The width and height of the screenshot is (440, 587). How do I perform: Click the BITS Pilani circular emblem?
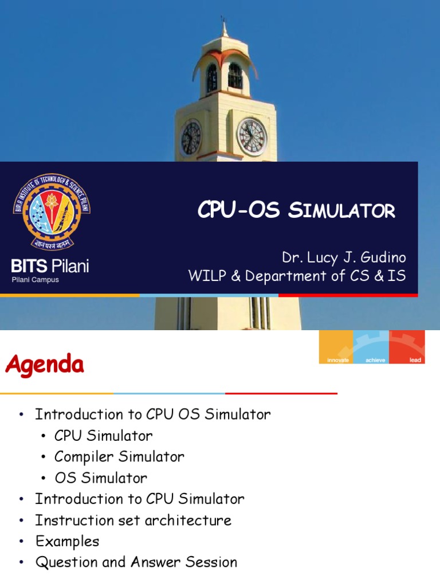point(52,212)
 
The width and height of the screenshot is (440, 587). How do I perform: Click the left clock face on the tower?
point(191,138)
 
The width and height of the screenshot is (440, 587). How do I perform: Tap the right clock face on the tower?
point(252,136)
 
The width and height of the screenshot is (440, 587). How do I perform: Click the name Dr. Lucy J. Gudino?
point(343,256)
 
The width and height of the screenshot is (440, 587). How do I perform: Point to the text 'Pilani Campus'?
point(36,280)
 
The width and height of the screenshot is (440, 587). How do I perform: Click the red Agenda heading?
point(45,364)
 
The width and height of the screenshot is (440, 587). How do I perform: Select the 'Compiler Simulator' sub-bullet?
point(119,457)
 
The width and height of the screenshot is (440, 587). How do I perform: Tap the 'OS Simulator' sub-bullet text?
point(101,478)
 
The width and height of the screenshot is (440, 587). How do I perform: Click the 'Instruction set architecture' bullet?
point(133,521)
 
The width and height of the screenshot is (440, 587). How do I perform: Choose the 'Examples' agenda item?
point(67,541)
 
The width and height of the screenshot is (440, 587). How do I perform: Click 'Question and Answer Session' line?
point(136,562)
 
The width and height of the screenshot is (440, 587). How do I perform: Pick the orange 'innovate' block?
point(336,347)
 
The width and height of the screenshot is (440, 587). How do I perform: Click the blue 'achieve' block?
point(371,347)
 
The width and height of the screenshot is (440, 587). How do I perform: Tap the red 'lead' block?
point(407,347)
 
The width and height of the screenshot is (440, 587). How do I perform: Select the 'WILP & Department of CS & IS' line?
point(297,276)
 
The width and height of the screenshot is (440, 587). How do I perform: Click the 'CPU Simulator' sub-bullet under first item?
point(104,436)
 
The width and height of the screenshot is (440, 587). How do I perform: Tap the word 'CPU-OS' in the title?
point(238,210)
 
